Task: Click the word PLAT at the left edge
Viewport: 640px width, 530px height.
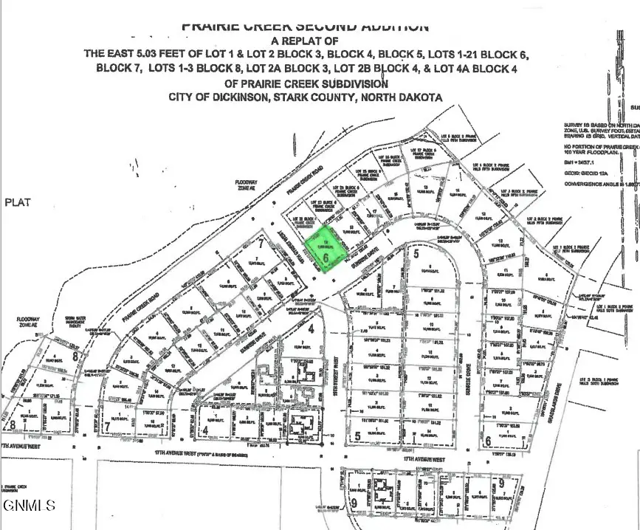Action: tap(18, 202)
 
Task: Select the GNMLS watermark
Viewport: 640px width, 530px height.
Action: tap(30, 506)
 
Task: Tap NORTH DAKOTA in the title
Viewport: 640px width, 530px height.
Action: tap(400, 97)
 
